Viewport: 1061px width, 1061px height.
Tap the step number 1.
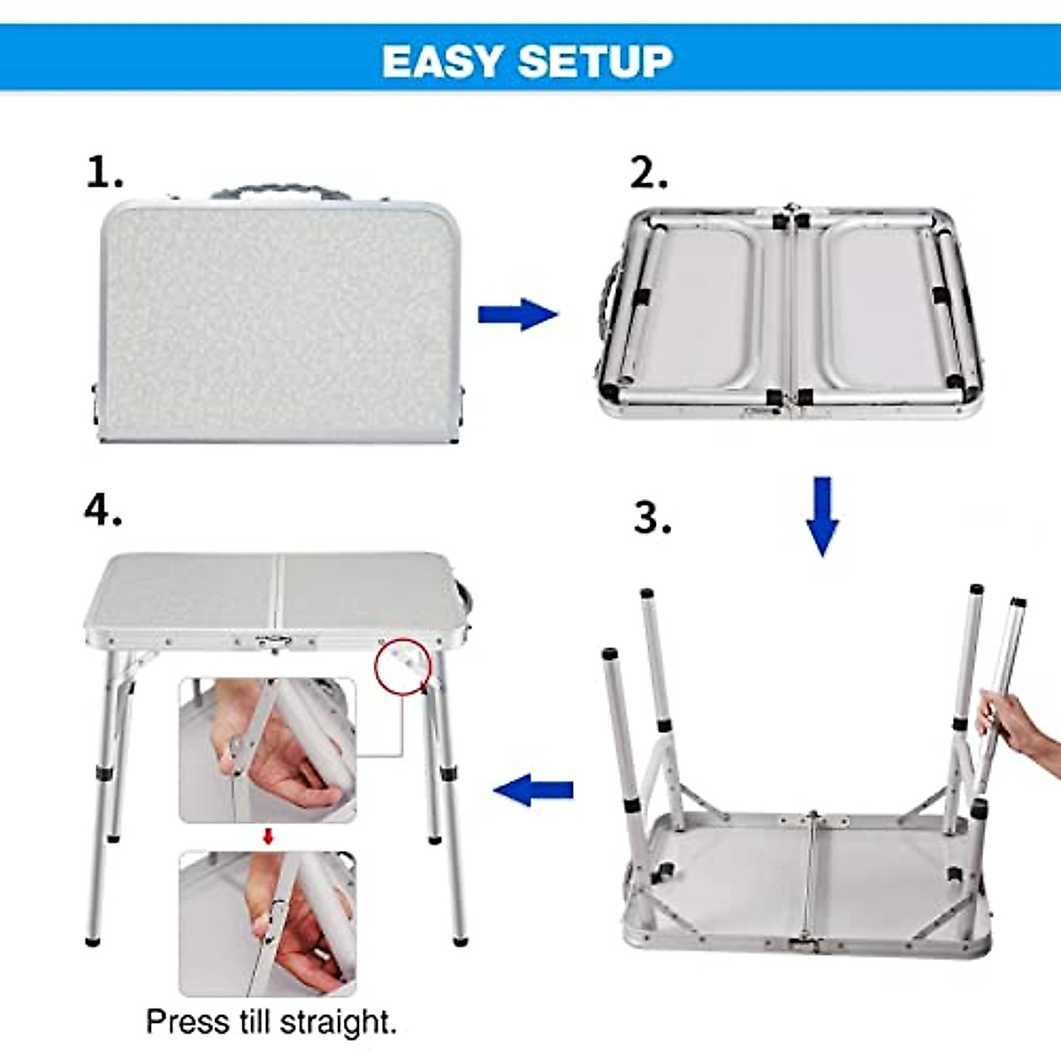[103, 172]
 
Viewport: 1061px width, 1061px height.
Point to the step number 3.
[653, 517]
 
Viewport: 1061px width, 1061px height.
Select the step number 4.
[103, 509]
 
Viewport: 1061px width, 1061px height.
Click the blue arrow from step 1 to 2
[517, 314]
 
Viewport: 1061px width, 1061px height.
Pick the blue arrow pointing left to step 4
[533, 788]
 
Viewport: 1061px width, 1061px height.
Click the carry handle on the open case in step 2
[608, 305]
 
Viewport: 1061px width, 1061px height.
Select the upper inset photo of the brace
[268, 750]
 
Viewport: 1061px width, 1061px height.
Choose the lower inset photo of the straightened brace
[268, 922]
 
